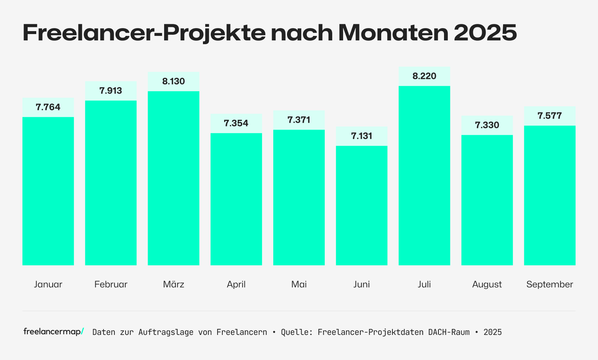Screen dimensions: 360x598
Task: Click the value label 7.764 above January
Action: coord(48,107)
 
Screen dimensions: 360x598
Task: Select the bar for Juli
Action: coord(424,176)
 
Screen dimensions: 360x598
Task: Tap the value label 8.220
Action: coord(424,76)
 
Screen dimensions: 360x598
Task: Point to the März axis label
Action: coord(173,284)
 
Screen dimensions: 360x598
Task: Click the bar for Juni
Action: coord(361,205)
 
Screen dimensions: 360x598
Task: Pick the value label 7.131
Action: coord(361,136)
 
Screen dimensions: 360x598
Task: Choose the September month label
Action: coord(549,284)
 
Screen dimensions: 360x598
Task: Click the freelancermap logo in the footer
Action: coord(53,332)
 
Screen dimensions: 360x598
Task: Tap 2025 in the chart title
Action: coord(486,33)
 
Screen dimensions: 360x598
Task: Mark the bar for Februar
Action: coord(111,183)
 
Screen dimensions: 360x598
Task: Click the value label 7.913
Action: coord(111,91)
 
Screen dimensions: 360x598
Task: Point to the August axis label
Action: coord(487,284)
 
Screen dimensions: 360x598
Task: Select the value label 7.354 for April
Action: coord(236,123)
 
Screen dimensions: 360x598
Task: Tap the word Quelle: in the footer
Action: coord(297,332)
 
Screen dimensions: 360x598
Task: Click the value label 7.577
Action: coord(549,116)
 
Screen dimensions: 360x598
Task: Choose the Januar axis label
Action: coord(48,284)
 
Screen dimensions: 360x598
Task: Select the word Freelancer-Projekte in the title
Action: coord(144,33)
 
